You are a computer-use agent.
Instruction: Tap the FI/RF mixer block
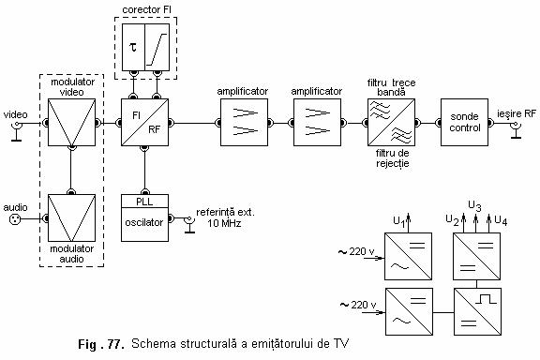click(x=144, y=122)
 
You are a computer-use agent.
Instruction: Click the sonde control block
click(x=463, y=122)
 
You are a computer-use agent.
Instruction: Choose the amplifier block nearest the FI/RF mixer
click(x=243, y=122)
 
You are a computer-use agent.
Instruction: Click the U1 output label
click(x=398, y=222)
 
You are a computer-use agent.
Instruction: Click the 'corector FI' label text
click(x=146, y=9)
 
